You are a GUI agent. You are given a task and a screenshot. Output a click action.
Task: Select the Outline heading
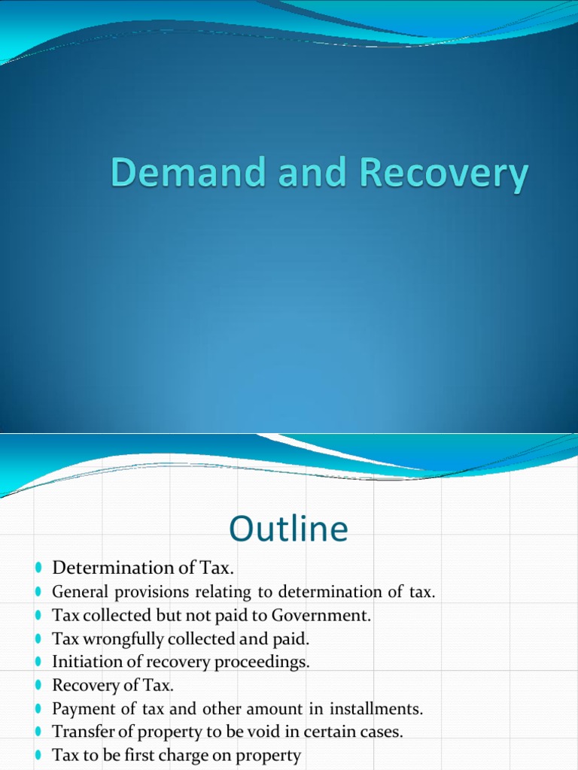click(289, 529)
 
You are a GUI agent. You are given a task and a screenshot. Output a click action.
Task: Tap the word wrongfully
click(114, 638)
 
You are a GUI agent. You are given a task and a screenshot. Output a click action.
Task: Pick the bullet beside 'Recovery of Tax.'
click(38, 685)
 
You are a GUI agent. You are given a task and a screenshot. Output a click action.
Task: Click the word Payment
click(81, 708)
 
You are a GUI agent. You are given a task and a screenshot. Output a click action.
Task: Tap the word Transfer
click(82, 732)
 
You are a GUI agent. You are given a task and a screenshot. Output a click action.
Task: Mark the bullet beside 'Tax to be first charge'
click(38, 755)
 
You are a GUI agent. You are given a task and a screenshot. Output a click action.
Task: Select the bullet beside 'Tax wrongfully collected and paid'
click(38, 638)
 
